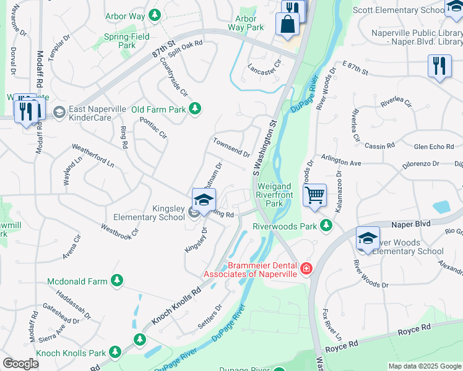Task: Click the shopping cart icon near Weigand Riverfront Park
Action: [315, 195]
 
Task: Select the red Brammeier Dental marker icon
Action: [306, 268]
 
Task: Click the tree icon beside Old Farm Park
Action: [196, 109]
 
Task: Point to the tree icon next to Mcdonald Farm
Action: [116, 281]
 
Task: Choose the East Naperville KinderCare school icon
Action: [59, 112]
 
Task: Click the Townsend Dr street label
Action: [231, 147]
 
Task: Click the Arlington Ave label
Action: [340, 161]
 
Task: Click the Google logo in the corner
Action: [20, 364]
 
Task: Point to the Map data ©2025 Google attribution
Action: [424, 366]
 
